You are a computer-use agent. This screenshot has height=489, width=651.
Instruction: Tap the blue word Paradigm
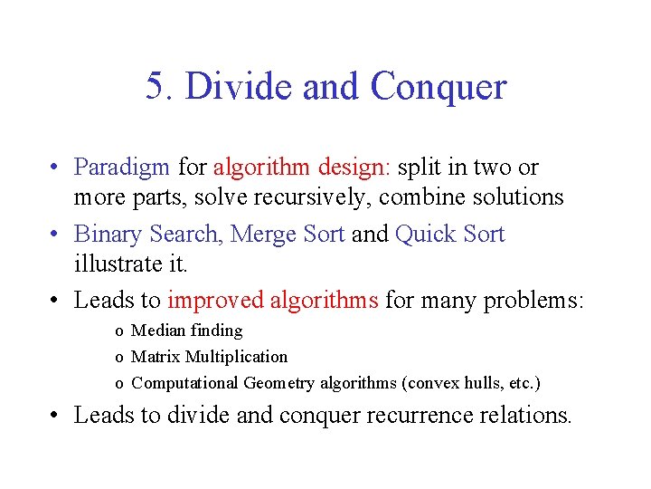121,168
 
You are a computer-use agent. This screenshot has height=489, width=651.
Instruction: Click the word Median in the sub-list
160,331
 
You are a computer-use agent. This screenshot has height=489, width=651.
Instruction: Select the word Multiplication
236,357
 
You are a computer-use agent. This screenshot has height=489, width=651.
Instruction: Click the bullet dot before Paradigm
56,168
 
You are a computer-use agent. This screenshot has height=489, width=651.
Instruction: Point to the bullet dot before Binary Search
56,235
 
